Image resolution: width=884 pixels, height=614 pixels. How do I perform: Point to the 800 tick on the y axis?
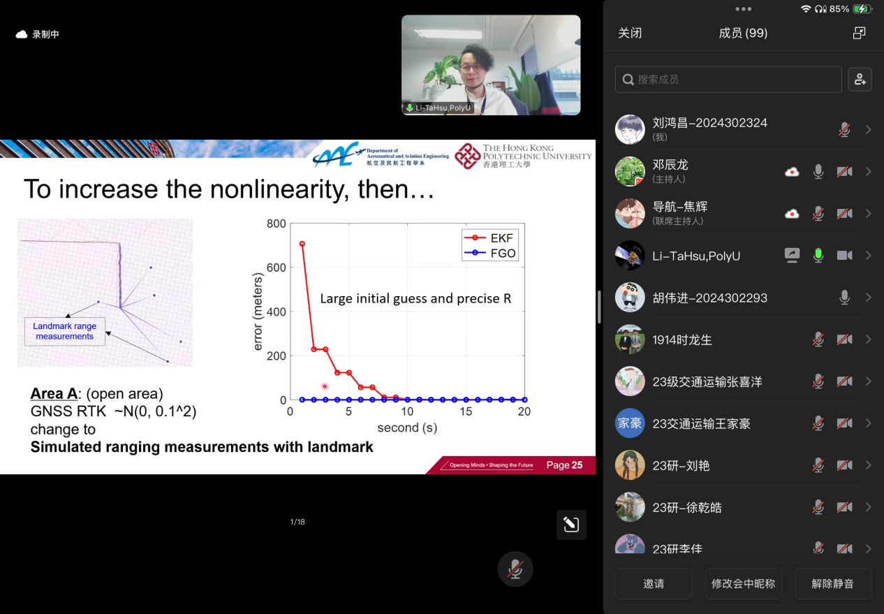click(277, 224)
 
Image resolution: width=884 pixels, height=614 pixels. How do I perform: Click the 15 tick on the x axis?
click(466, 411)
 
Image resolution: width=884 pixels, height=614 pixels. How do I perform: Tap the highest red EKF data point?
click(302, 244)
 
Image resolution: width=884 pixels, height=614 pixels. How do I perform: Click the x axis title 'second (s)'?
click(407, 427)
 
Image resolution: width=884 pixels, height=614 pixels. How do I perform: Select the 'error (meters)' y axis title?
click(257, 311)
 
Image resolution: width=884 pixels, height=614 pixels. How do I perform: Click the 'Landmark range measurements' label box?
click(65, 331)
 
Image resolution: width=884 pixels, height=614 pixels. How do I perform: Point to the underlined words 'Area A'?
click(54, 394)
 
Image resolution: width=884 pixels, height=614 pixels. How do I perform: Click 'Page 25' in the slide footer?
click(564, 465)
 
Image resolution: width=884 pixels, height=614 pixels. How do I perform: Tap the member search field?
click(728, 80)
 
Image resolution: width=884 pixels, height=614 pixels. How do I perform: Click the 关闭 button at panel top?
click(630, 33)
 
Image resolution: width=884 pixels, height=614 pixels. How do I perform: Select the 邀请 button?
click(654, 583)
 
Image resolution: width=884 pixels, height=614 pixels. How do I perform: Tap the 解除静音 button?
click(833, 583)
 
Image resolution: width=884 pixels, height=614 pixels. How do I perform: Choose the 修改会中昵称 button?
click(743, 583)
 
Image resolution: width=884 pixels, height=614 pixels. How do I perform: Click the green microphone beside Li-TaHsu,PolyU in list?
click(818, 256)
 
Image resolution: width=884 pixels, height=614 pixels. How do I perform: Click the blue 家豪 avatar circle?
click(630, 423)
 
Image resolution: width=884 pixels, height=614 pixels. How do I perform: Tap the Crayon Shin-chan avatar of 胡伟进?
click(630, 298)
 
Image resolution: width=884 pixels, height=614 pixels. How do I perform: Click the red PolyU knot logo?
click(468, 156)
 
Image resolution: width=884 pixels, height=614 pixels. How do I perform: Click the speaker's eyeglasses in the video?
click(471, 68)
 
